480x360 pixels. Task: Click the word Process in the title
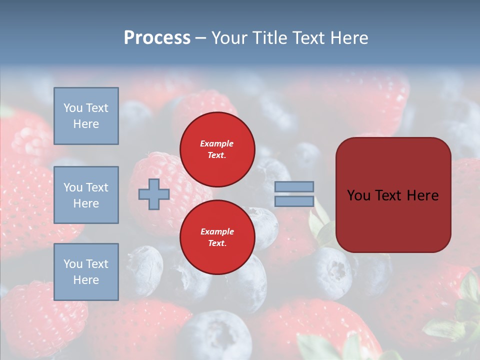157,38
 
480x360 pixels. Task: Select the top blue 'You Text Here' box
86,116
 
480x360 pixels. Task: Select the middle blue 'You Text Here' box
86,195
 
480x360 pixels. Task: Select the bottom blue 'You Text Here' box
86,271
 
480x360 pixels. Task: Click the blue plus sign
154,194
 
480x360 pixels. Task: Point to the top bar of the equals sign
294,186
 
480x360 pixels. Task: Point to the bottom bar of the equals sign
294,201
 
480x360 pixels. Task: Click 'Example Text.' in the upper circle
217,149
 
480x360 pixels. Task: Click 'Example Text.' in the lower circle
217,237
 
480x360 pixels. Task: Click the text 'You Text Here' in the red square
392,195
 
